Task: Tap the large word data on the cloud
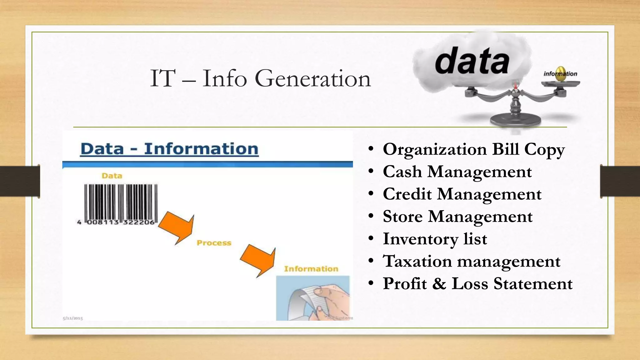pos(472,61)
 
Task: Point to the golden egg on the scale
pos(561,74)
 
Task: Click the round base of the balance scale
pos(515,120)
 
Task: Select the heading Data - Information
pos(169,149)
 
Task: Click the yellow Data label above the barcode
pos(112,176)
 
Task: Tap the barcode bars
pos(121,202)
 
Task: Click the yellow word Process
pos(214,243)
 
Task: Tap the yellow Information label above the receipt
pos(311,269)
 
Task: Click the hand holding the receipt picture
pos(312,298)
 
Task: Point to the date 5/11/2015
pos(73,318)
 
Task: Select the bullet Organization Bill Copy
pos(473,149)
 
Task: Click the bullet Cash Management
pos(457,172)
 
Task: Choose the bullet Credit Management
pos(462,194)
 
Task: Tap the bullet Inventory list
pos(435,239)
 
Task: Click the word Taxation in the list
pos(417,261)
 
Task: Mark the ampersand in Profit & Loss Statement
pos(439,284)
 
